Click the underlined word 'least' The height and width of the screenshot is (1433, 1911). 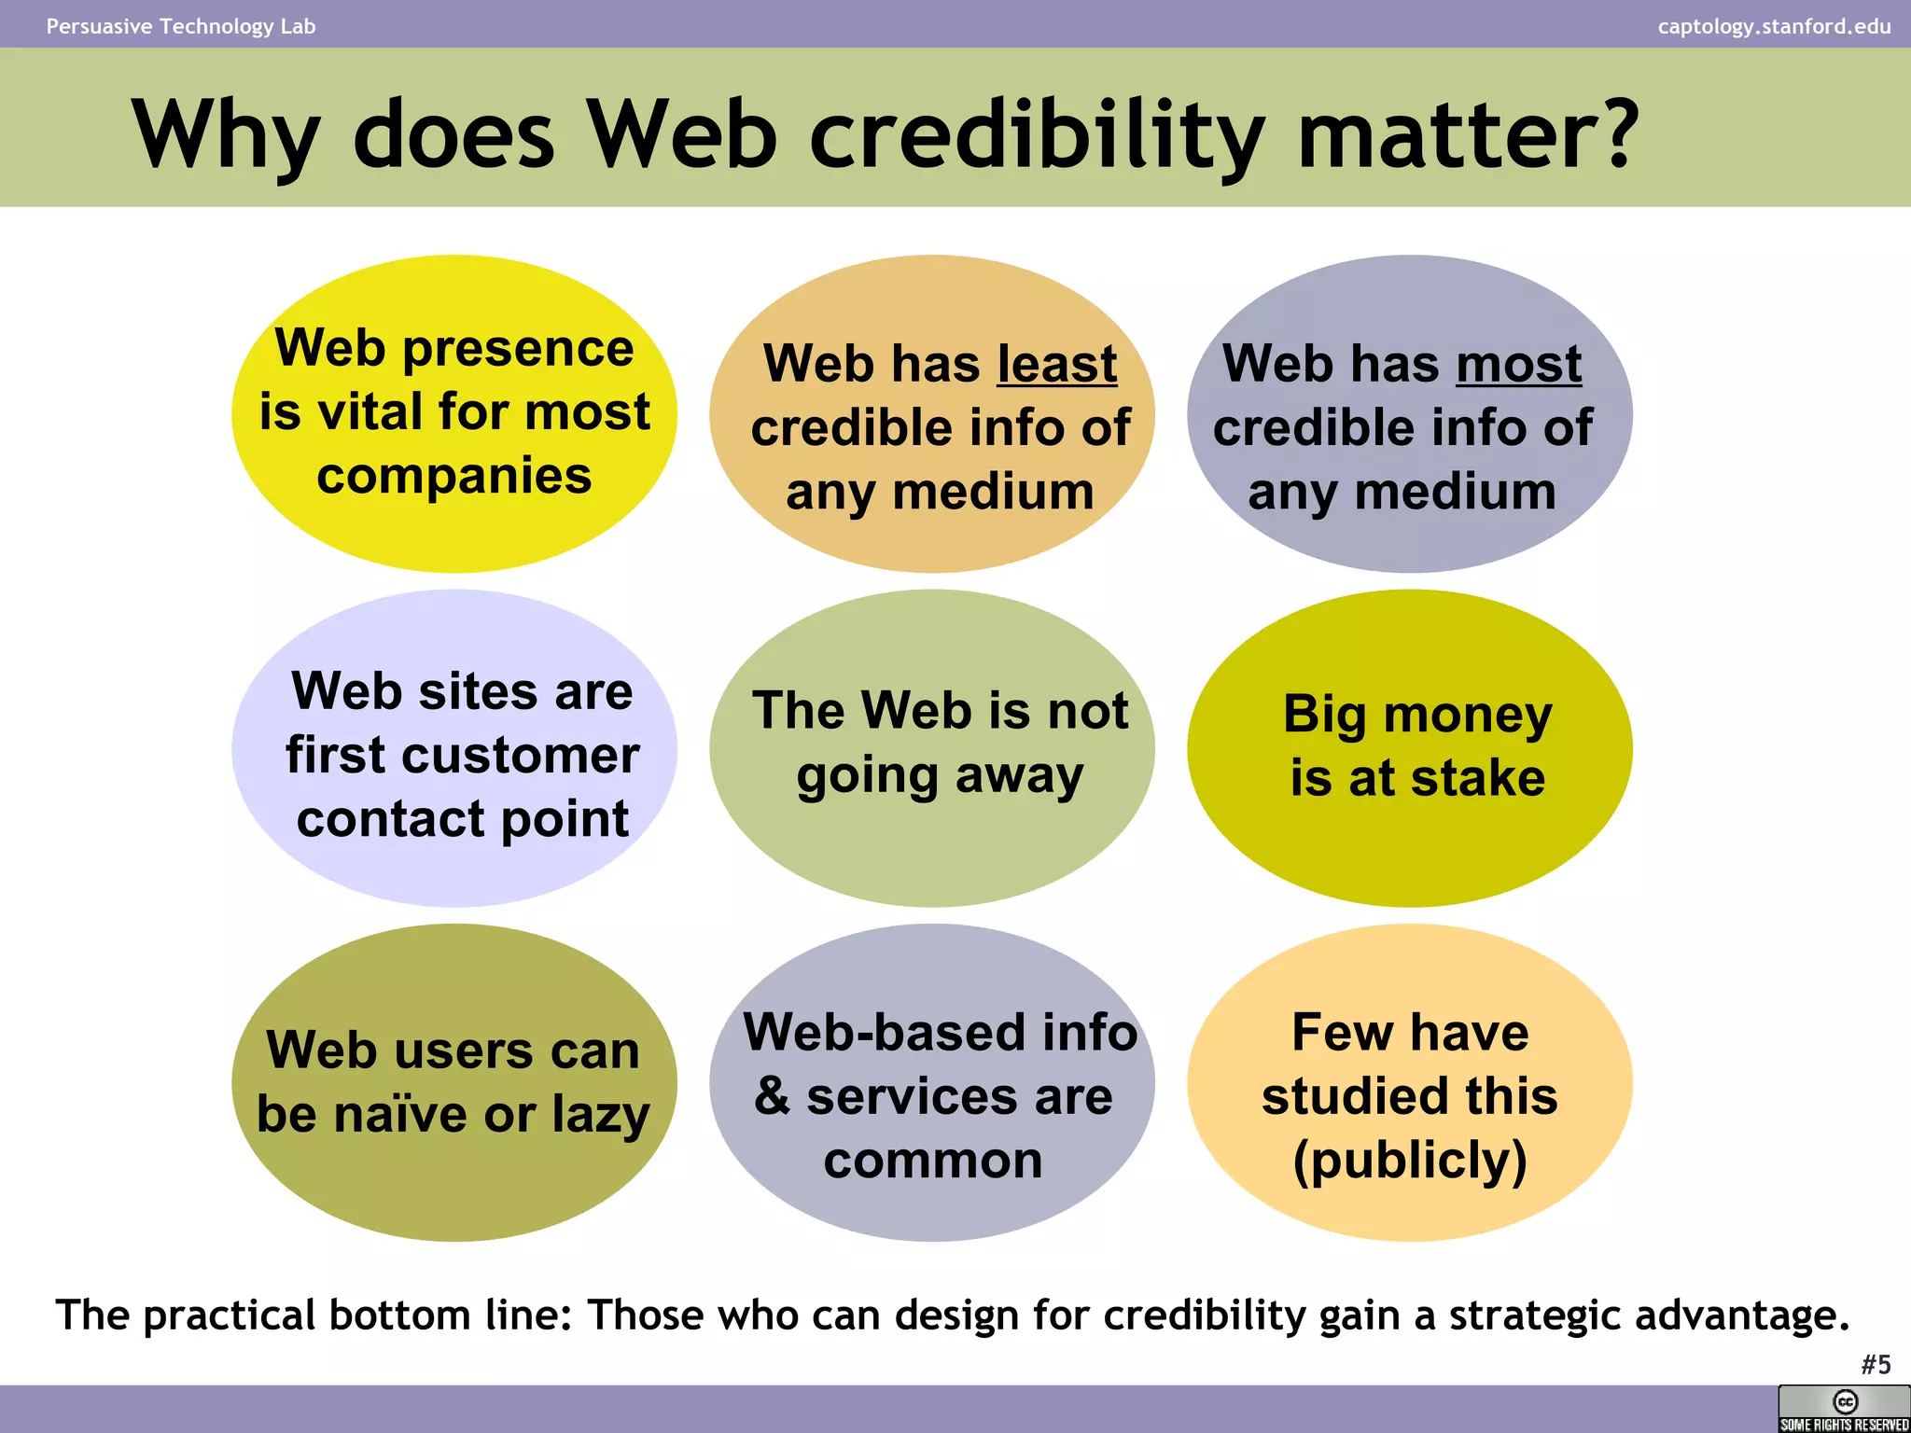click(1056, 363)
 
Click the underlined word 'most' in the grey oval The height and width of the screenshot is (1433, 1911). click(1518, 363)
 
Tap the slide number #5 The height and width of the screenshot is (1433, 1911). click(1876, 1365)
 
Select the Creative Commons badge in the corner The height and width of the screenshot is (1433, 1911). click(1844, 1409)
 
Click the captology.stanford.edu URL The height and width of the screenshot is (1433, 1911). click(1774, 26)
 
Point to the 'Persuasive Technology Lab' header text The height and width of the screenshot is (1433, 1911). click(181, 26)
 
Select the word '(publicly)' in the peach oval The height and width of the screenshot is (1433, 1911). click(1410, 1161)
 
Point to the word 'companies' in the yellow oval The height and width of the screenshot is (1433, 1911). click(453, 476)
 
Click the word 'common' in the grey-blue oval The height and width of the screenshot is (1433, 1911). click(933, 1161)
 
